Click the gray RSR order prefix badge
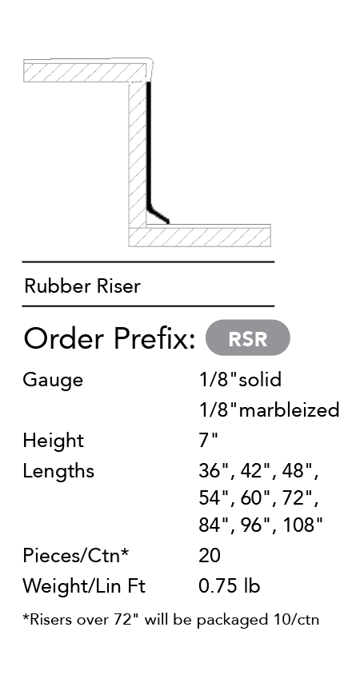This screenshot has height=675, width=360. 248,338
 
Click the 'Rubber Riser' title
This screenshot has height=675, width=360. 82,286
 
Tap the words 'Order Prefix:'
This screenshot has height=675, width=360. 110,338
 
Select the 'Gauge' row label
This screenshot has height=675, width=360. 53,381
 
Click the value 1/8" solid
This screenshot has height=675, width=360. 240,380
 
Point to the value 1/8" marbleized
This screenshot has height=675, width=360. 269,409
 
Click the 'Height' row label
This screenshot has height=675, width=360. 53,441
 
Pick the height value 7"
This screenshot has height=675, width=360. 209,441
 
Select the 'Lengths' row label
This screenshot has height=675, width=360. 58,471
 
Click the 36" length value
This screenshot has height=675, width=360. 214,470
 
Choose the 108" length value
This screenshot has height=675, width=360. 302,525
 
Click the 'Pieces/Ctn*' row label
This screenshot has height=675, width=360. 76,555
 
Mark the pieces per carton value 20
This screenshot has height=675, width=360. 210,556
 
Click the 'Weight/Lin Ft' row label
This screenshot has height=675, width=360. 84,586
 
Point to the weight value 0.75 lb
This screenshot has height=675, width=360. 229,586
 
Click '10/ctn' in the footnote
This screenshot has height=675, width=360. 296,620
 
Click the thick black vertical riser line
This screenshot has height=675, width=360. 149,144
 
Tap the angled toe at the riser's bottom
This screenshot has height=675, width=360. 158,216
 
